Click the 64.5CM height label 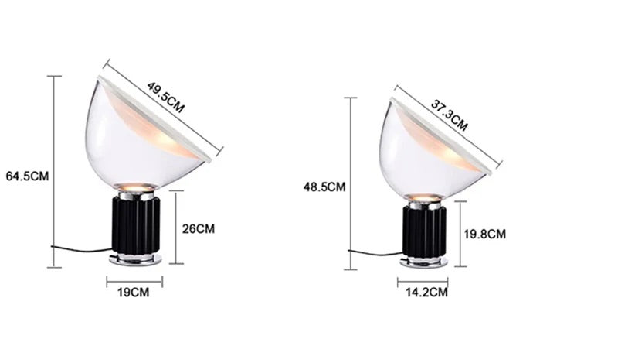[x=27, y=176]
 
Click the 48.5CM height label [x=325, y=187]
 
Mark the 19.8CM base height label [x=484, y=234]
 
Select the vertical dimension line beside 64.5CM [x=54, y=171]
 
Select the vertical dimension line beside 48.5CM [x=351, y=182]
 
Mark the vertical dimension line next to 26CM [x=176, y=228]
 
